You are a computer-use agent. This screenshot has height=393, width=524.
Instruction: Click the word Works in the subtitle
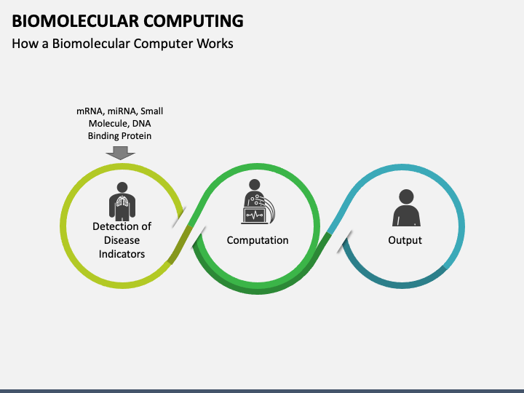215,44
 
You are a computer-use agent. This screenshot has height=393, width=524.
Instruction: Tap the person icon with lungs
122,201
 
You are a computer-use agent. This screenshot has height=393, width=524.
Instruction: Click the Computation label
258,240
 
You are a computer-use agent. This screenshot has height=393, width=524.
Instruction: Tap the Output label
405,240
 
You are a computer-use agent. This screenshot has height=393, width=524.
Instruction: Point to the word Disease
122,240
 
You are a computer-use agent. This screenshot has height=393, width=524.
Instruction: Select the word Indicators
122,254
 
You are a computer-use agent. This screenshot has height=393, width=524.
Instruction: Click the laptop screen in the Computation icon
254,215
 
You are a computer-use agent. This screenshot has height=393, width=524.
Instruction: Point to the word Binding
104,135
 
